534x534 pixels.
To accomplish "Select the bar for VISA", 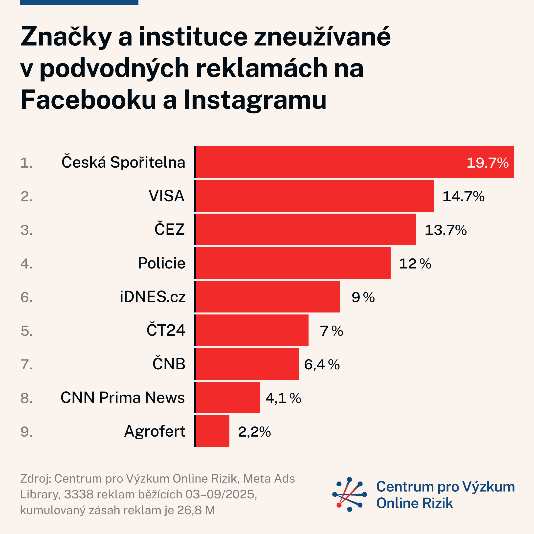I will point(314,196).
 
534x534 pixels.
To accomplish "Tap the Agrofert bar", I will point(212,431).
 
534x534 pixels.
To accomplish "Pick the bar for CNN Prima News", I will point(227,398).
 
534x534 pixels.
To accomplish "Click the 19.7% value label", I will point(488,163).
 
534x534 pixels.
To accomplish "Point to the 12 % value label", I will point(415,264).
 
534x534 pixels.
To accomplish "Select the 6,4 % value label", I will point(322,365).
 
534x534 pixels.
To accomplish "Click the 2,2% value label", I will point(254,432).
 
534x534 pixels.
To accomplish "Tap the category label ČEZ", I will point(169,229).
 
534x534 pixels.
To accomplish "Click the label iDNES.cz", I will point(153,297).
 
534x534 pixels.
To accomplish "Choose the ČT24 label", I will point(166,330).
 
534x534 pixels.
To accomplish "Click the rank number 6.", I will point(26,297).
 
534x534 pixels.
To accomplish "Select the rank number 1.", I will point(26,163).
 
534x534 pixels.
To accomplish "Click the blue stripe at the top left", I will point(79,2).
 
